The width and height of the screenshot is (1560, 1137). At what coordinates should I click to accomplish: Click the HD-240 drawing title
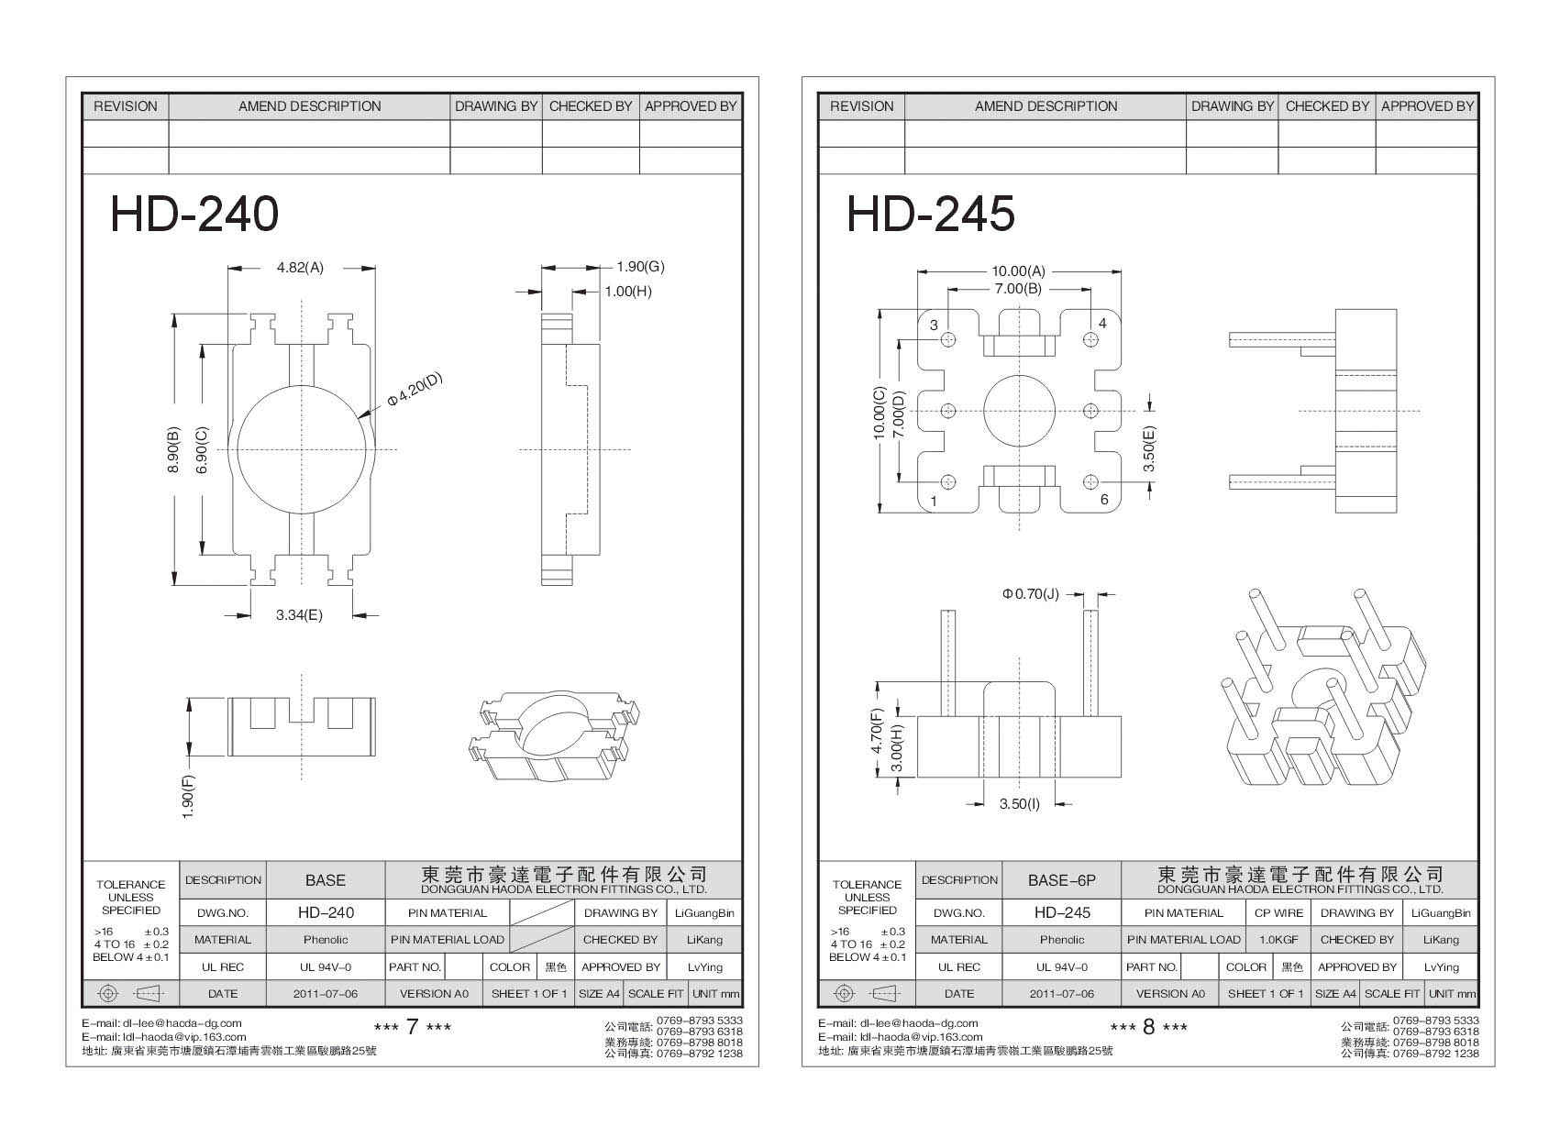pyautogui.click(x=194, y=215)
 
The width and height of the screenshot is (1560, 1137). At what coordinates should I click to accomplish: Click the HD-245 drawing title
pyautogui.click(x=930, y=215)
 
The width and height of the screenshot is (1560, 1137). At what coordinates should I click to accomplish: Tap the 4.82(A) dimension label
pyautogui.click(x=300, y=269)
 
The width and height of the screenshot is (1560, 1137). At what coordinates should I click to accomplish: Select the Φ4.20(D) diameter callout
pyautogui.click(x=415, y=391)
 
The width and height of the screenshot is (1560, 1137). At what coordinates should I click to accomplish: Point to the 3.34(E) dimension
pyautogui.click(x=299, y=615)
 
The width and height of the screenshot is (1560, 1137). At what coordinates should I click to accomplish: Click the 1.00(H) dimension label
pyautogui.click(x=627, y=292)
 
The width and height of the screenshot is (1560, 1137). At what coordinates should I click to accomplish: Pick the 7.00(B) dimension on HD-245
pyautogui.click(x=1018, y=289)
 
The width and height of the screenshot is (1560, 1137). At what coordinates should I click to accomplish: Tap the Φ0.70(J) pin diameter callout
pyautogui.click(x=1030, y=594)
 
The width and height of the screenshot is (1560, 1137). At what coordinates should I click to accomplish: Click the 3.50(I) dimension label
pyautogui.click(x=1019, y=804)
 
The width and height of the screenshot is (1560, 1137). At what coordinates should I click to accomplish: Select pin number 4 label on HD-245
pyautogui.click(x=1102, y=324)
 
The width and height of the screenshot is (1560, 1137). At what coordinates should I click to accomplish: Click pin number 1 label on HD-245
pyautogui.click(x=934, y=501)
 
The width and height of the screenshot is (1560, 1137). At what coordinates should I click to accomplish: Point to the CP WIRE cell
pyautogui.click(x=1276, y=913)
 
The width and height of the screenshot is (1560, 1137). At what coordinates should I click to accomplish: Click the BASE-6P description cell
pyautogui.click(x=1061, y=880)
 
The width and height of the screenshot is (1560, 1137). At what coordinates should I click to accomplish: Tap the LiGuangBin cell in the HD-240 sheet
pyautogui.click(x=704, y=913)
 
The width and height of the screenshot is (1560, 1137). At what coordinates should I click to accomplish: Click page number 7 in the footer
pyautogui.click(x=412, y=1027)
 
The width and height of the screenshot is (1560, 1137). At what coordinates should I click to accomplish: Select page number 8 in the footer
pyautogui.click(x=1148, y=1027)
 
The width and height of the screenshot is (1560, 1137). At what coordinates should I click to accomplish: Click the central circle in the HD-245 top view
pyautogui.click(x=1019, y=410)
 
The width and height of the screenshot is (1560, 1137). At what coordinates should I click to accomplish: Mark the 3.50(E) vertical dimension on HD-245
pyautogui.click(x=1149, y=448)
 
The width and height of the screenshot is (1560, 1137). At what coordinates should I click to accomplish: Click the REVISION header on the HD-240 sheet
pyautogui.click(x=126, y=106)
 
